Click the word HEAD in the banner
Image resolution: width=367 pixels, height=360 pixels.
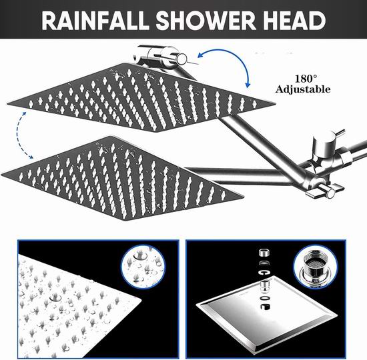(292, 20)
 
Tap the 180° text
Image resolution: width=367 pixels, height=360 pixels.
(306, 79)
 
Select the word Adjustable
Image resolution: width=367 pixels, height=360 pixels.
(303, 89)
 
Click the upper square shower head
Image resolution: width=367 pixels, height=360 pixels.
(141, 98)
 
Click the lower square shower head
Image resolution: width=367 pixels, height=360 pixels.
(121, 178)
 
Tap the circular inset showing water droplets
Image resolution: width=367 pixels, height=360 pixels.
(143, 266)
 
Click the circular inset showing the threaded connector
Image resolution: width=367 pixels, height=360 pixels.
(315, 267)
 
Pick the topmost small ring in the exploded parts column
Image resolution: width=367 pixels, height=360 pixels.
(264, 253)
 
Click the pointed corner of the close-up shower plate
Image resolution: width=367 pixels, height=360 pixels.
(141, 299)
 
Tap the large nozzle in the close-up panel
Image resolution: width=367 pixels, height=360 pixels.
(55, 297)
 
